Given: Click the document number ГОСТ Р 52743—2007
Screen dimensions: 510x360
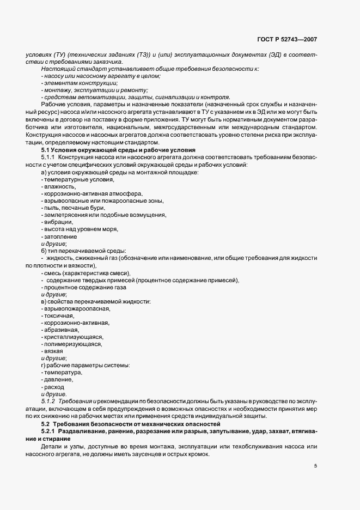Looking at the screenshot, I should click(x=287, y=40).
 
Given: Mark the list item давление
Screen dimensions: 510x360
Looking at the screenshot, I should click(x=57, y=379).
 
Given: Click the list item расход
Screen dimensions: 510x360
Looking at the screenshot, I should click(x=54, y=386).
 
